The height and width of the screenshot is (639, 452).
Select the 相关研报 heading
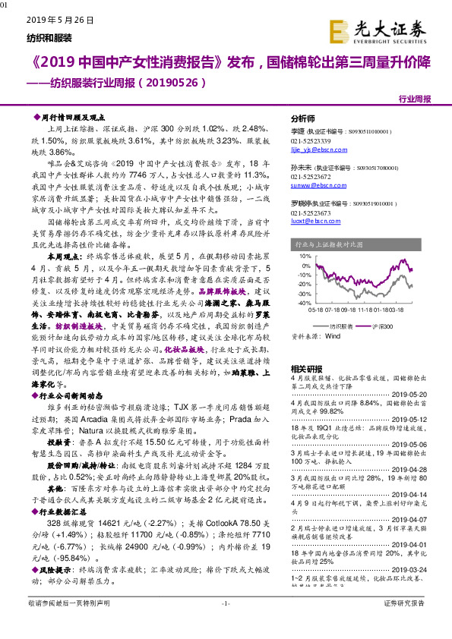(x=307, y=369)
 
